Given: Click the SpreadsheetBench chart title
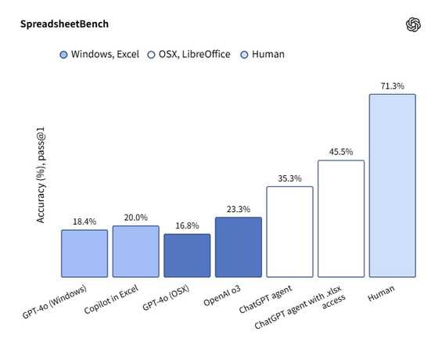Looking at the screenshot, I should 64,24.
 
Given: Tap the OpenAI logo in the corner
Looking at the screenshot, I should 414,25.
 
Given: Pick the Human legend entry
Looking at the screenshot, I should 262,55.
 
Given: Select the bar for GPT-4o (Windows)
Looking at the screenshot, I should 84,254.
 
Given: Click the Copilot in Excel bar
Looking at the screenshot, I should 135,251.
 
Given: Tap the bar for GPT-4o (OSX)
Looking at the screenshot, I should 187,256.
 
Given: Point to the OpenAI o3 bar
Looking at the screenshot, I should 239,247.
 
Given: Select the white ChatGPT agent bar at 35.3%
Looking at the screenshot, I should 289,232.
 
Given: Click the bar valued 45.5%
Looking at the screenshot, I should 341,218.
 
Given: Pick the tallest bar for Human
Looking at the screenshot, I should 392,185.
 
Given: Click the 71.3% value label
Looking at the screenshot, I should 392,86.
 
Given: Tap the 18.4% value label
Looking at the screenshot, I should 84,222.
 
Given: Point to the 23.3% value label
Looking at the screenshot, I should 239,210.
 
